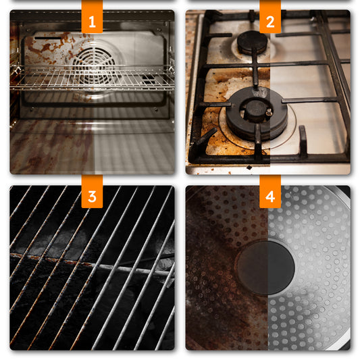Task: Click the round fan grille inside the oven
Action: click(94, 66)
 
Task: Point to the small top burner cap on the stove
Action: click(252, 43)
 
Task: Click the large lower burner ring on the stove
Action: click(257, 113)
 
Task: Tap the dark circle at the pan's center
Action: click(265, 267)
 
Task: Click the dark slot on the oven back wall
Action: click(48, 38)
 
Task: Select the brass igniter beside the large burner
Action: click(269, 112)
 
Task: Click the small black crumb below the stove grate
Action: click(249, 168)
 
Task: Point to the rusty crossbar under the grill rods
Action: click(92, 264)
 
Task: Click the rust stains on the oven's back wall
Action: click(51, 47)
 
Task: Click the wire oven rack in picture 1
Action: click(92, 78)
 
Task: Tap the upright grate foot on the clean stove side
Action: click(303, 140)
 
